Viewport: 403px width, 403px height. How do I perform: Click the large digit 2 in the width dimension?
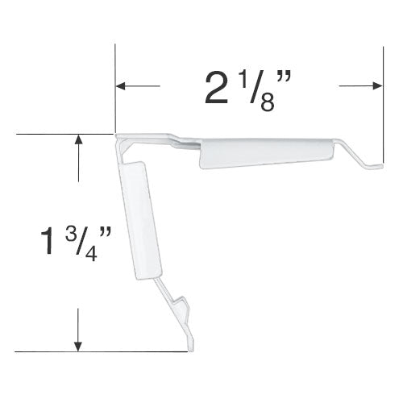216,89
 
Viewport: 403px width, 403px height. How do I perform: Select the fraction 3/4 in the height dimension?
80,244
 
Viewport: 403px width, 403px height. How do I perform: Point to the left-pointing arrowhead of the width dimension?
121,86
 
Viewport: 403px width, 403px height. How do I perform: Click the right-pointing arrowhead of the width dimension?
377,86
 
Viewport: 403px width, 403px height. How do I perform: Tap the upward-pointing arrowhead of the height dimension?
78,139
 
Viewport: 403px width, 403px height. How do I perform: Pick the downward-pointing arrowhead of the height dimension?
78,347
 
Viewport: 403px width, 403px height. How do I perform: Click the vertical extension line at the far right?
383,105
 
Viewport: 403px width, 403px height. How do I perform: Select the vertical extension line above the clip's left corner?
115,89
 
